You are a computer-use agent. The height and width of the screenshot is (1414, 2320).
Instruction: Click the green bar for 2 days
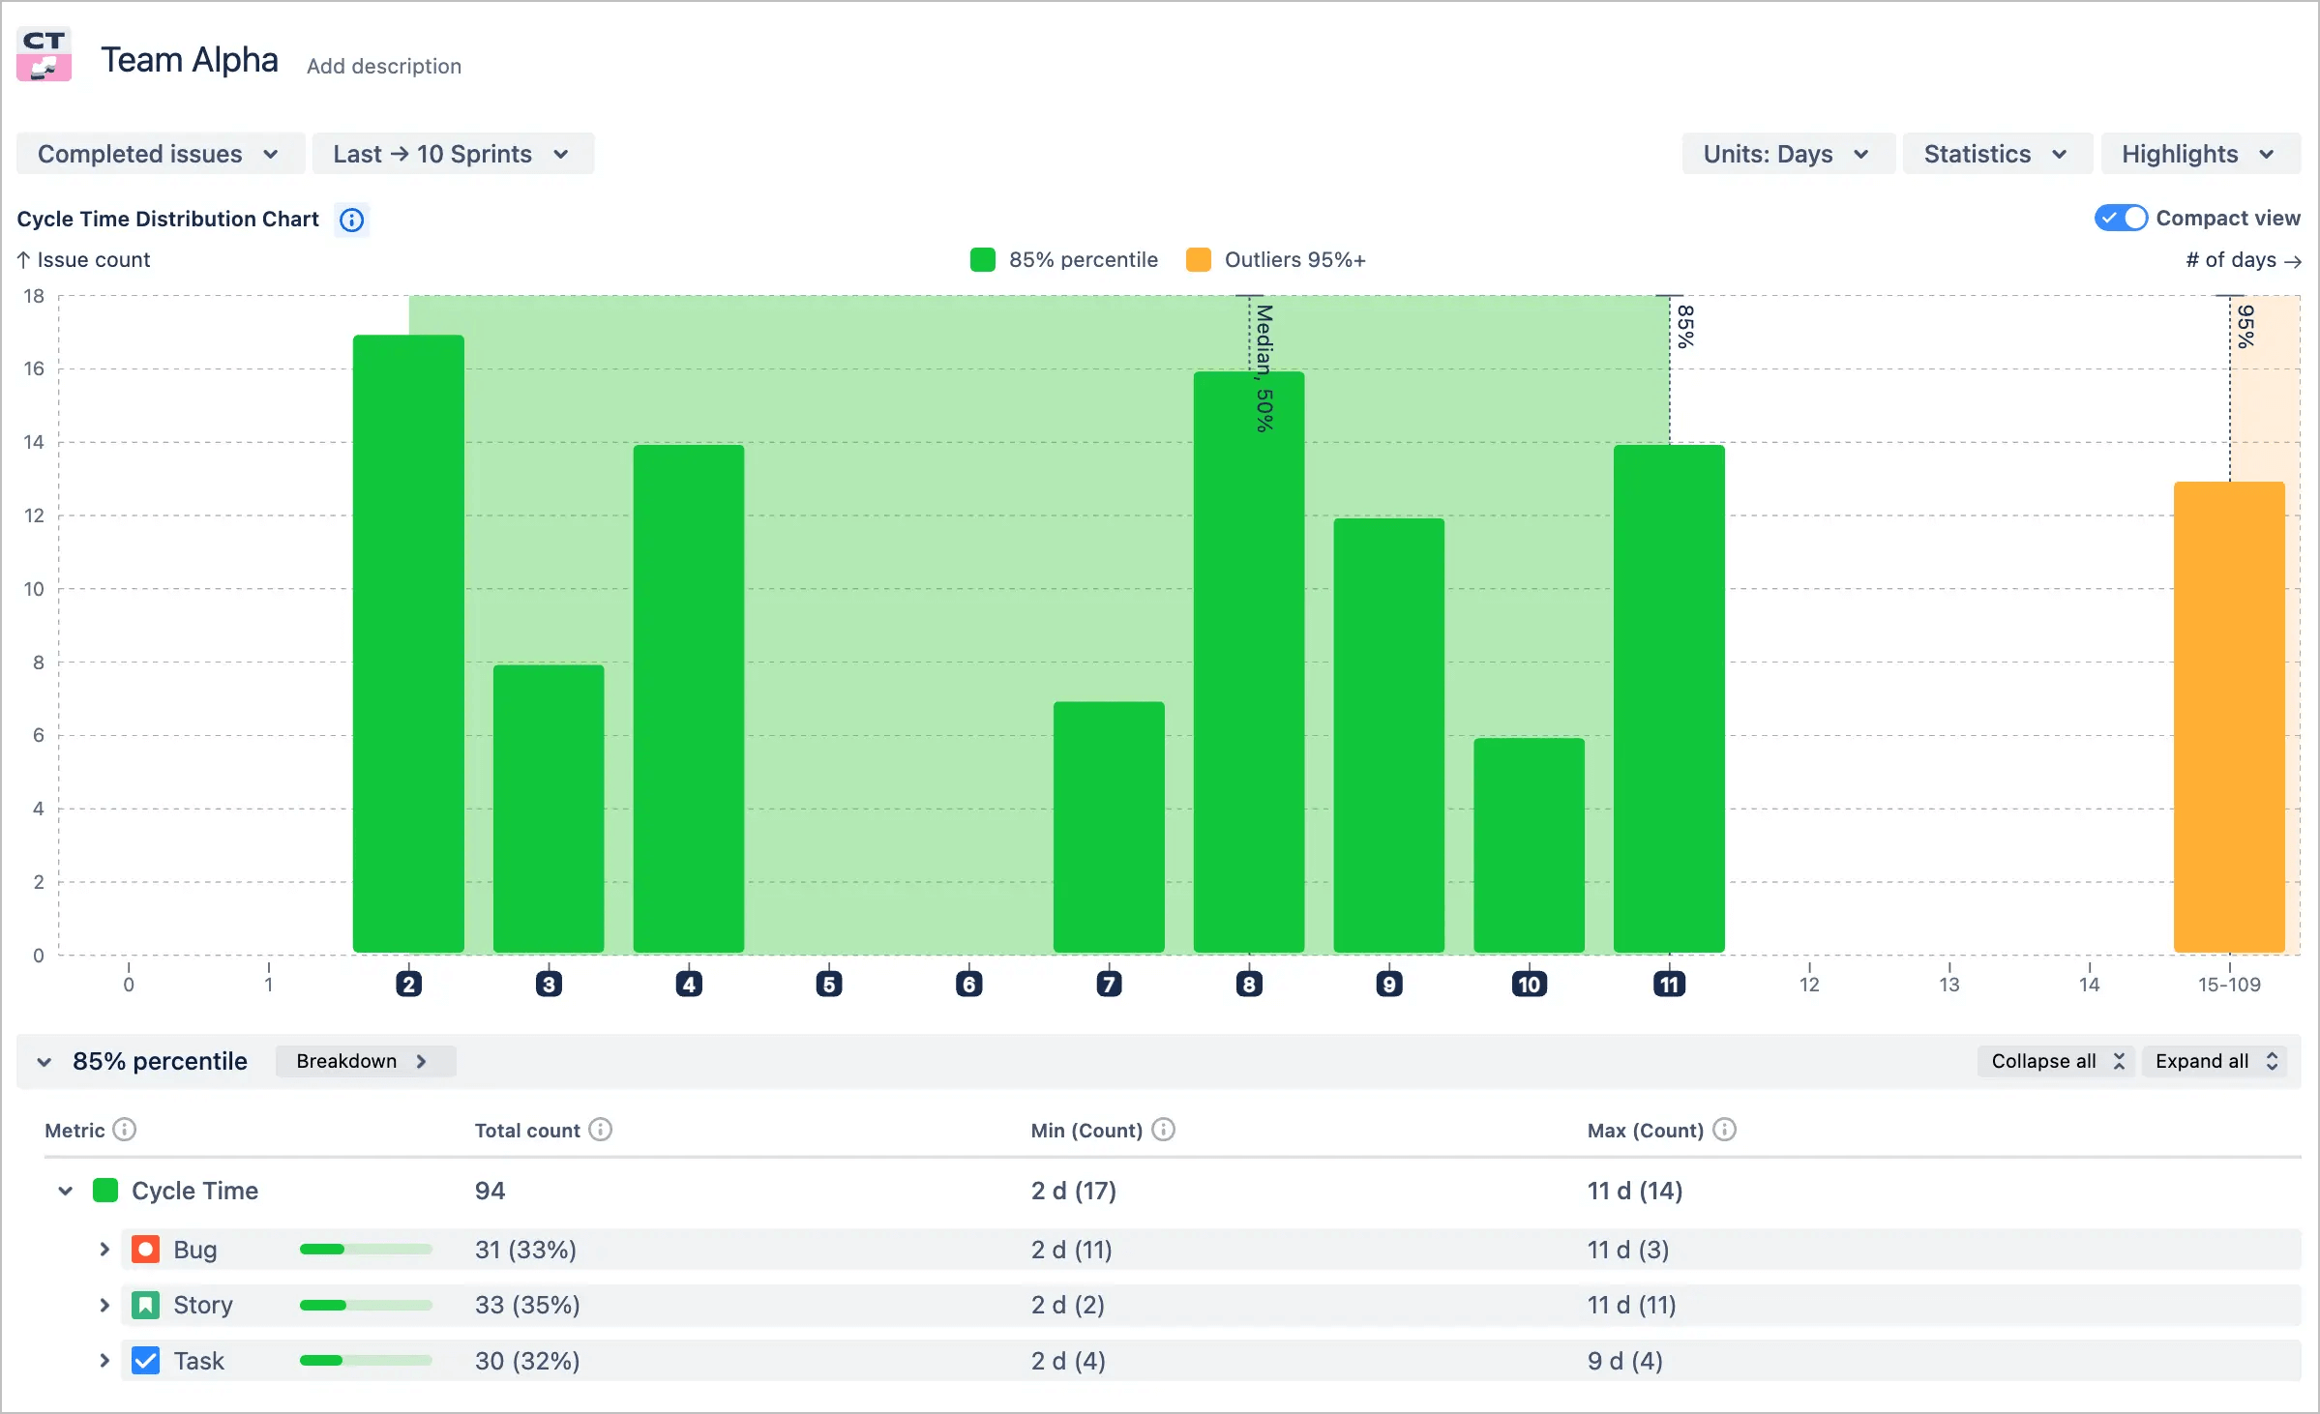pos(408,643)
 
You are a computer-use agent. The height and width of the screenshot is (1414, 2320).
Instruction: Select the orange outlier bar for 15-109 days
pos(2229,716)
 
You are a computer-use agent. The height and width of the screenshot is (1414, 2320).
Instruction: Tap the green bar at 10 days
pos(1529,844)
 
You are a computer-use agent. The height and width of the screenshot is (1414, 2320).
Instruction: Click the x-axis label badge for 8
pos(1249,985)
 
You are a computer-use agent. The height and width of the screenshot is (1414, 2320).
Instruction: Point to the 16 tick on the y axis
pos(34,368)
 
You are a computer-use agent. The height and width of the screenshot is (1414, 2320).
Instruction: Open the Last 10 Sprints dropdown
pos(452,154)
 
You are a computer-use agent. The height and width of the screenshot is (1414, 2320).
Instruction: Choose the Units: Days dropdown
pos(1786,154)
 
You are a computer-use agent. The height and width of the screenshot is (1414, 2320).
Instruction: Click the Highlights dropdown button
pos(2198,154)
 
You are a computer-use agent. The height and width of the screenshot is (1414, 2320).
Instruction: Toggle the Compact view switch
pos(2121,218)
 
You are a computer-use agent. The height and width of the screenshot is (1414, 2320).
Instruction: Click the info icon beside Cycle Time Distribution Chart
pos(351,220)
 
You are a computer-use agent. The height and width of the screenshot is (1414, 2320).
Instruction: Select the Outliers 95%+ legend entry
pos(1276,259)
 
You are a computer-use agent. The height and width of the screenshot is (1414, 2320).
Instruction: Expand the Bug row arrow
pos(104,1249)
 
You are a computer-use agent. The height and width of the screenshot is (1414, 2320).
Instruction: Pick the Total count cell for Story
pos(527,1305)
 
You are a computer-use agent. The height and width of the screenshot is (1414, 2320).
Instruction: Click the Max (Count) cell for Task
pos(1624,1361)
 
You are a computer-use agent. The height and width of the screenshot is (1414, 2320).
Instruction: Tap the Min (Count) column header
pos(1086,1130)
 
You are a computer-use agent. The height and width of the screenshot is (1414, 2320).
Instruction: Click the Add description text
pos(384,66)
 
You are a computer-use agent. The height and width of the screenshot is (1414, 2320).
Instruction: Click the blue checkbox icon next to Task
pos(145,1361)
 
